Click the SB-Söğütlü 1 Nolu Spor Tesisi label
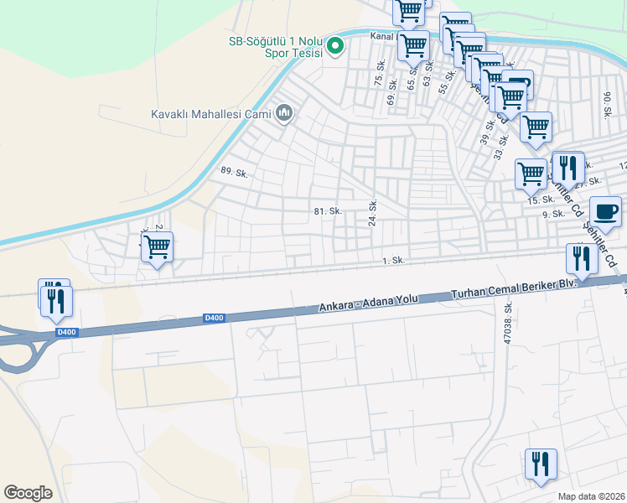click(277, 46)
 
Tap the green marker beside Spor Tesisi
click(335, 46)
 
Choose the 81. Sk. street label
click(328, 211)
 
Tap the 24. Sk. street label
click(373, 213)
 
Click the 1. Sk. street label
click(393, 261)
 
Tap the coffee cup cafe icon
click(605, 211)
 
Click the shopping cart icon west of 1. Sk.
click(157, 247)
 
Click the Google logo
click(28, 493)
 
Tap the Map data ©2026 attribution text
click(592, 496)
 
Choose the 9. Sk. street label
click(549, 214)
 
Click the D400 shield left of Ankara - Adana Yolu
click(214, 318)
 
